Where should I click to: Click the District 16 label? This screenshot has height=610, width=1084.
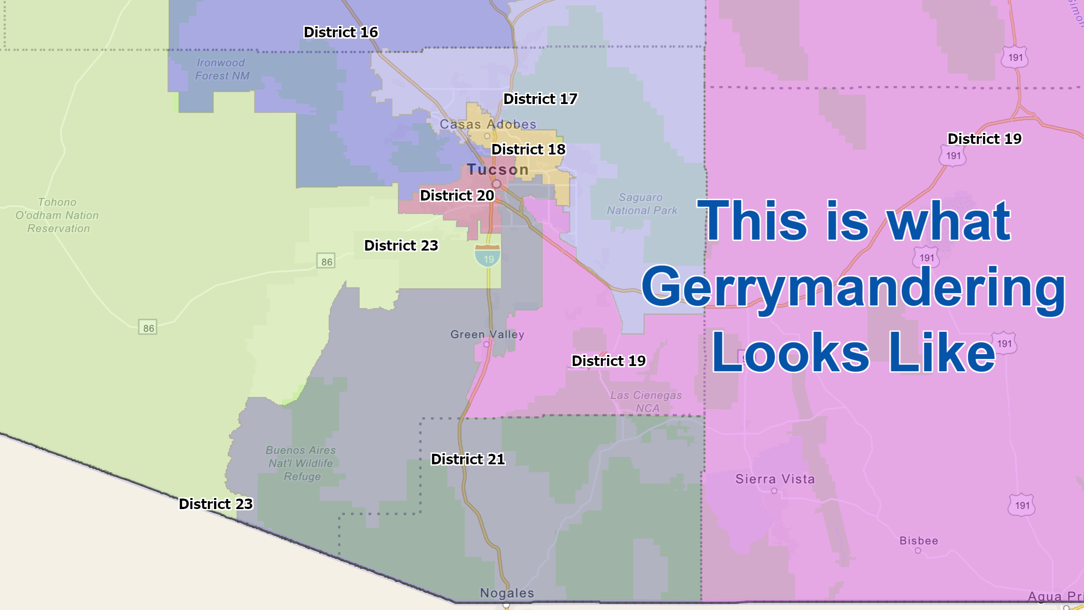(340, 32)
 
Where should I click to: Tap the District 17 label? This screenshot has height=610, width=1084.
(540, 99)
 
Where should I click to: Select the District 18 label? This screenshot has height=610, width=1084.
(528, 150)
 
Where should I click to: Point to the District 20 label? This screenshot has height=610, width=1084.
(457, 196)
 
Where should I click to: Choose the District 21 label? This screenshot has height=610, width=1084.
(468, 459)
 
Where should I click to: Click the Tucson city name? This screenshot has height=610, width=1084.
(498, 169)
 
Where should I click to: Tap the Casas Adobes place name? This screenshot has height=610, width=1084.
(488, 124)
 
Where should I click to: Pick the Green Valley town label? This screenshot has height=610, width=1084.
(487, 334)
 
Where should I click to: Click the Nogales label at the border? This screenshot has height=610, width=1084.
(507, 593)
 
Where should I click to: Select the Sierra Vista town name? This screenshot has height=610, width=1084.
(775, 479)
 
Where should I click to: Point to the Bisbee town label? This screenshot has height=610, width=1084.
(919, 541)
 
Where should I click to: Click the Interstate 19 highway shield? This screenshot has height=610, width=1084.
(488, 256)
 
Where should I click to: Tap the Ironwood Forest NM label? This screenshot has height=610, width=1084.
(222, 69)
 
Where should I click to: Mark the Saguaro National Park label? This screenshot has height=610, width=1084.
(641, 204)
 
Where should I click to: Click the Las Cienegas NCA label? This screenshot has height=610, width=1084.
(646, 402)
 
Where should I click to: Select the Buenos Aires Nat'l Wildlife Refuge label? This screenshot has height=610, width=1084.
(301, 463)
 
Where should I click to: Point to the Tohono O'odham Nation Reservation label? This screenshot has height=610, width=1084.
(57, 215)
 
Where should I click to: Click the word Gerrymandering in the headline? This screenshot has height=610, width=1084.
(853, 288)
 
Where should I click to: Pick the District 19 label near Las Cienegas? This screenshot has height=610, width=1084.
(608, 361)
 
